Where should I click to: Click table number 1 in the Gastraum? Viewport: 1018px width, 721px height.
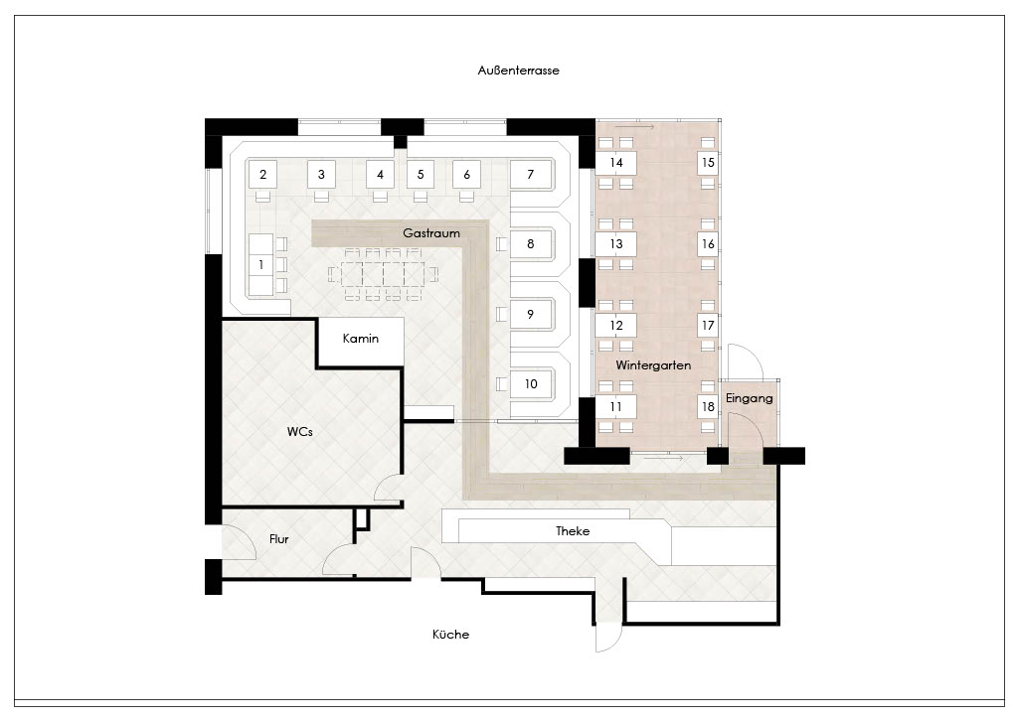click(x=261, y=264)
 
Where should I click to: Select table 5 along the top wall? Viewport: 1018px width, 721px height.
click(x=421, y=174)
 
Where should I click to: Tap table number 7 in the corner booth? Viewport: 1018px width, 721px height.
click(x=531, y=174)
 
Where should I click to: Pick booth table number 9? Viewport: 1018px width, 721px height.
click(x=531, y=314)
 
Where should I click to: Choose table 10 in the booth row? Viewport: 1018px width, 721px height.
click(x=531, y=384)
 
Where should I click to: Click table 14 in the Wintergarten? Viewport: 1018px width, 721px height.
click(x=616, y=163)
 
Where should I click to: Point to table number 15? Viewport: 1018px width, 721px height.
click(x=708, y=163)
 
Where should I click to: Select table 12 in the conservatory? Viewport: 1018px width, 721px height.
click(x=616, y=326)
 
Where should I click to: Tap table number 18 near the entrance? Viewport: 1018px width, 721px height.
click(x=708, y=406)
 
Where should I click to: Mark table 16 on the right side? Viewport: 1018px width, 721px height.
click(x=708, y=243)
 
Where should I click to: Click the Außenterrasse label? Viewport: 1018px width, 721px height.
click(x=518, y=71)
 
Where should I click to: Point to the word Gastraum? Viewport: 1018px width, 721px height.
click(x=431, y=232)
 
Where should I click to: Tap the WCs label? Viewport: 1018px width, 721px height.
click(x=300, y=431)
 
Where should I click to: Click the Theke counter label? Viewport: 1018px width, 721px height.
click(x=573, y=531)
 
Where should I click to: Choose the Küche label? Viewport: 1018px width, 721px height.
click(x=450, y=635)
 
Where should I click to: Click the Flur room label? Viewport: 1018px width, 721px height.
click(x=279, y=539)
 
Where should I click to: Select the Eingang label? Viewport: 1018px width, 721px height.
click(x=750, y=399)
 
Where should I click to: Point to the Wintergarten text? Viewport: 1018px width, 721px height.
click(x=653, y=365)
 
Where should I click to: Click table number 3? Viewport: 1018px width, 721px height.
click(x=321, y=174)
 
